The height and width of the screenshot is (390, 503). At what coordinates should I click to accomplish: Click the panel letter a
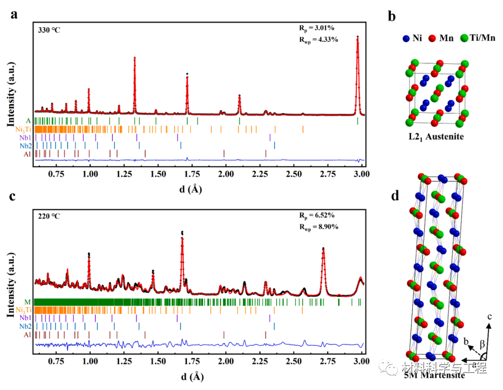click(14, 14)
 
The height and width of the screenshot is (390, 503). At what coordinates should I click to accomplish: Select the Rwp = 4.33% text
click(317, 39)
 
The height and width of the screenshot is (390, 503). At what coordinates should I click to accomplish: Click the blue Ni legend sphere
click(406, 38)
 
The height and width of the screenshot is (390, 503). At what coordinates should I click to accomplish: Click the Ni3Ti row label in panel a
click(23, 129)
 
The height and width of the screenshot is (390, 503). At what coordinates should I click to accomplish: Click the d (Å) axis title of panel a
click(192, 188)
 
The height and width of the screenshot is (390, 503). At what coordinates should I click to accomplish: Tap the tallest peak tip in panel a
click(357, 37)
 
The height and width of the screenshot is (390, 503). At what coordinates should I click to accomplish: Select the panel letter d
click(395, 196)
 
